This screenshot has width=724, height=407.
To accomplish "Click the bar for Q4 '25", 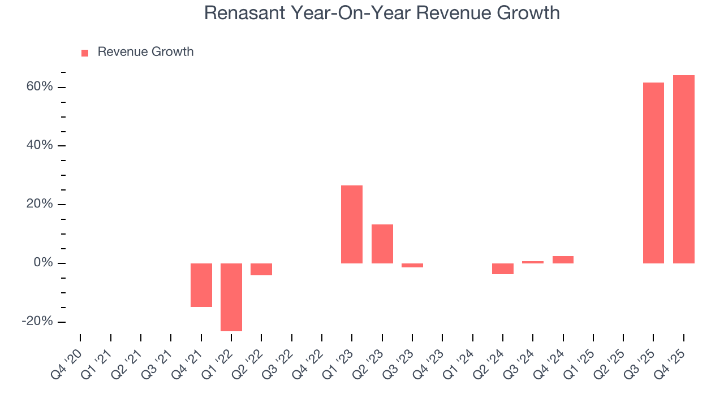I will click(683, 169).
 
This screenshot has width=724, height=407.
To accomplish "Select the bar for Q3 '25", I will click(653, 173).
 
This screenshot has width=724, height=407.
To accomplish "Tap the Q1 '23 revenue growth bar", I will click(352, 224).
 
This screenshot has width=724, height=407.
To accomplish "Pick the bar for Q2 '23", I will click(382, 244).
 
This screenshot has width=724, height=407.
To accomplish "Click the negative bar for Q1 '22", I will click(231, 297).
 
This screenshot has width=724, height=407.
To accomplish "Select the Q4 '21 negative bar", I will click(201, 285).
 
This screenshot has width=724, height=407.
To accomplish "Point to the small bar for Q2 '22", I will click(261, 269).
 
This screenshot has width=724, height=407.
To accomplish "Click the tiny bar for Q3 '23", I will click(412, 265).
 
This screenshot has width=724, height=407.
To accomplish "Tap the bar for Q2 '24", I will click(502, 269).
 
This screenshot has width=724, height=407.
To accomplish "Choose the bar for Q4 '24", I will click(563, 259).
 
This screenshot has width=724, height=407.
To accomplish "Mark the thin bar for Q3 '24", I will click(533, 262).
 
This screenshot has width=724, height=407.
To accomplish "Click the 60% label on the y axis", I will click(40, 87).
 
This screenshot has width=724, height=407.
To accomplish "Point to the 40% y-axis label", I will click(40, 146).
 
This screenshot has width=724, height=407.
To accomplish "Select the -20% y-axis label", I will click(37, 322).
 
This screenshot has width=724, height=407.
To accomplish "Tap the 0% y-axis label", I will click(43, 263).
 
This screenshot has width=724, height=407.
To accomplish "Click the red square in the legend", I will click(85, 53).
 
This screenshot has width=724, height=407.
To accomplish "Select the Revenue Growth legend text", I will click(145, 52).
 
